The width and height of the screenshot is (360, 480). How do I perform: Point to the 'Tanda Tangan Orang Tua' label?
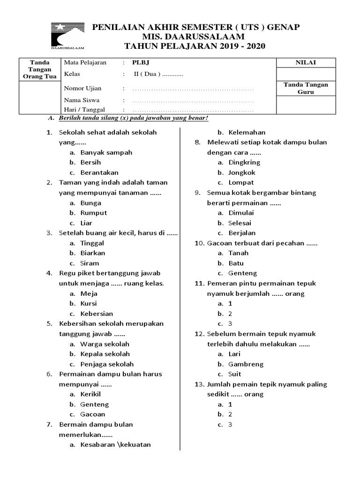[x=39, y=69]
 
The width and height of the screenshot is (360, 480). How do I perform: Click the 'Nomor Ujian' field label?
[x=82, y=88]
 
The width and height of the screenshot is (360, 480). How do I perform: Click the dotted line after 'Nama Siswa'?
[x=193, y=100]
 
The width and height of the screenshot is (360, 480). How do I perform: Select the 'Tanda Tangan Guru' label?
[x=306, y=88]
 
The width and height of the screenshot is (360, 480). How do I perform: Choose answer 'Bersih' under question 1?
[x=90, y=163]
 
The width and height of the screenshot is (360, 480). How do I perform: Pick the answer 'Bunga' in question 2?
[x=90, y=203]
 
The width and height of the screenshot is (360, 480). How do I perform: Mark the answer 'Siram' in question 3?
[x=90, y=263]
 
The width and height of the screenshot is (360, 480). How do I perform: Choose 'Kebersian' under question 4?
[x=97, y=314]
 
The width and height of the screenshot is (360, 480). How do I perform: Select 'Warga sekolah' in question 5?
[x=105, y=344]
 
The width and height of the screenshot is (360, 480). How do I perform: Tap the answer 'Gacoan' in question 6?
[x=93, y=414]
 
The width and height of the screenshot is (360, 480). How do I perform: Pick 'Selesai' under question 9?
[x=240, y=223]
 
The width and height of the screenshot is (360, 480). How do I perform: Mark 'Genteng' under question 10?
[x=242, y=273]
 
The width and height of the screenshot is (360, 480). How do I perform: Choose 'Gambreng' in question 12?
[x=246, y=364]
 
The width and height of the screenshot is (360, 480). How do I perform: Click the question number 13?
[x=198, y=384]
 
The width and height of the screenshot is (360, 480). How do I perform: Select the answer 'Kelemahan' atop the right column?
[x=247, y=132]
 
